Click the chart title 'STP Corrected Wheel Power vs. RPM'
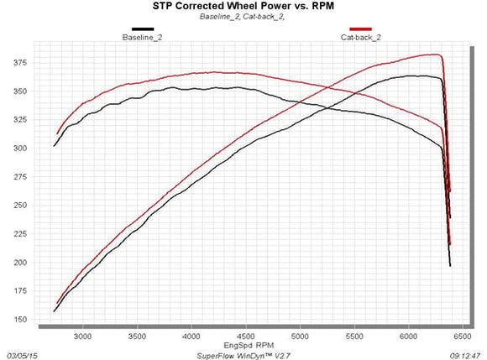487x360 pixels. (x=243, y=6)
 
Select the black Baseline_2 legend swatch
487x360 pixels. (x=143, y=29)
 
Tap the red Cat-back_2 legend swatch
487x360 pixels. (x=360, y=29)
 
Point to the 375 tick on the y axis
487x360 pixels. (x=20, y=63)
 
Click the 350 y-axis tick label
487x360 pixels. (x=20, y=91)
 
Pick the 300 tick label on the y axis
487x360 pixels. (x=20, y=149)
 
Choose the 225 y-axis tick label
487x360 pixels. (x=20, y=234)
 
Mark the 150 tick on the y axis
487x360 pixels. (x=20, y=320)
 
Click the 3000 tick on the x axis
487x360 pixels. (x=83, y=337)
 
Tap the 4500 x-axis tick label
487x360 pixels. (x=246, y=337)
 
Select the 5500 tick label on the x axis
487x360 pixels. (x=354, y=337)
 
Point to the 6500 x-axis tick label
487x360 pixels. (x=463, y=337)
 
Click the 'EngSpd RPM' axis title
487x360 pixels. (x=249, y=346)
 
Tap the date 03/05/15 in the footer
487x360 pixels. (x=22, y=356)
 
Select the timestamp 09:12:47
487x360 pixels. (x=465, y=356)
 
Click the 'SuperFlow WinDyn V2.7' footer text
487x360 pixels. (x=243, y=356)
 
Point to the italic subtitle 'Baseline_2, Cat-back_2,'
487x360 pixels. (x=243, y=17)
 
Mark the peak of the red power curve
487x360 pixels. (x=437, y=55)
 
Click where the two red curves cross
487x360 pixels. (x=327, y=87)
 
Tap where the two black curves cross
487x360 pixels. (x=327, y=108)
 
